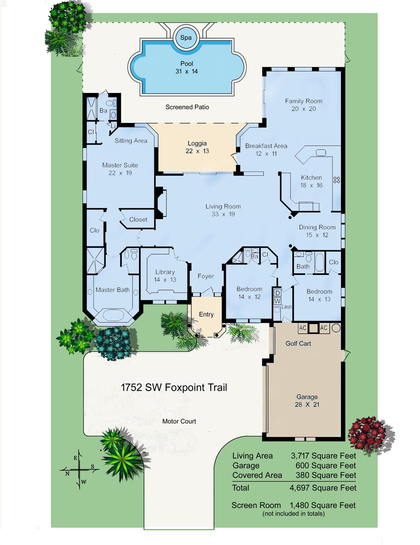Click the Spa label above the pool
pyautogui.click(x=186, y=38)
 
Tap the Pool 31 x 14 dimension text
pyautogui.click(x=187, y=71)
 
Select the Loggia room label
pyautogui.click(x=197, y=143)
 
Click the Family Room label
pyautogui.click(x=303, y=101)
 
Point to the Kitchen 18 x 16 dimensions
pyautogui.click(x=311, y=185)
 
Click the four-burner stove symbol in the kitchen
pyautogui.click(x=336, y=180)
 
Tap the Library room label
pyautogui.click(x=165, y=272)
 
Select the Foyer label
pyautogui.click(x=206, y=276)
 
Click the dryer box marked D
pyautogui.click(x=277, y=293)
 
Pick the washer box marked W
pyautogui.click(x=277, y=301)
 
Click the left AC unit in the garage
pyautogui.click(x=303, y=328)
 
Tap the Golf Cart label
pyautogui.click(x=298, y=343)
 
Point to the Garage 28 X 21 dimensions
pyautogui.click(x=307, y=404)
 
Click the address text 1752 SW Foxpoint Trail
pyautogui.click(x=174, y=387)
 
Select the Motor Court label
pyautogui.click(x=179, y=421)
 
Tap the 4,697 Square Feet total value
pyautogui.click(x=323, y=488)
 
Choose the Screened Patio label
pyautogui.click(x=187, y=107)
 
